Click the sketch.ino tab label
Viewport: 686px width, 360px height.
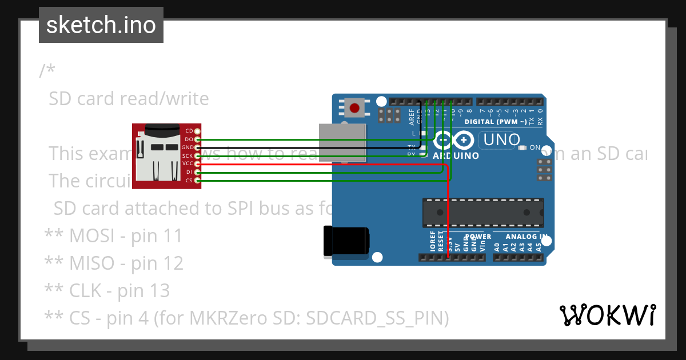coord(101,25)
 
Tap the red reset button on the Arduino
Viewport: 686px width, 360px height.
coord(354,107)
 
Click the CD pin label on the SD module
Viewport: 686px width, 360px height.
coord(189,131)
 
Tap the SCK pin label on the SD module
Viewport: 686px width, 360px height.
coord(188,155)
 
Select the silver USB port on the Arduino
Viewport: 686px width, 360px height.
coord(342,142)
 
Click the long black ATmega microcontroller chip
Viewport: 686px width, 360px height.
coord(482,211)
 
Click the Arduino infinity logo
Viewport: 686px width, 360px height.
coord(454,140)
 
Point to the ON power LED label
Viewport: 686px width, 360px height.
coord(535,147)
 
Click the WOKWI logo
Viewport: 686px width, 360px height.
coord(607,315)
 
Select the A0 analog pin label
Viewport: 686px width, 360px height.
coord(497,247)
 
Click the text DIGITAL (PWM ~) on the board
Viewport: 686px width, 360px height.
coord(496,122)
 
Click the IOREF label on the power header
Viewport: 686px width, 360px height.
coord(432,242)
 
